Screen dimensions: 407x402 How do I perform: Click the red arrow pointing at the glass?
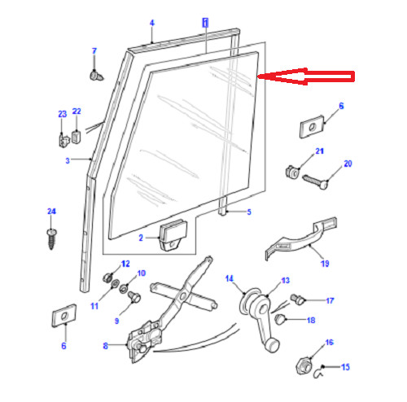coord(306,76)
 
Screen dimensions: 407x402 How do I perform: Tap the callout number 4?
coord(152,23)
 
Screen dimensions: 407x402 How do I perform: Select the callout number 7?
coord(94,51)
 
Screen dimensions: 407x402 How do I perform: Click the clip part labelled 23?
coord(63,140)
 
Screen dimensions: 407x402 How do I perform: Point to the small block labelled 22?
coord(77,137)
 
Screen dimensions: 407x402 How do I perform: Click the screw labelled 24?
coord(51,239)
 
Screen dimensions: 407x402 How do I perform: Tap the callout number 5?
coord(249,212)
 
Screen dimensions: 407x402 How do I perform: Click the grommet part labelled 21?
coord(292,172)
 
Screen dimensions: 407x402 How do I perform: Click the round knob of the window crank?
coord(272,346)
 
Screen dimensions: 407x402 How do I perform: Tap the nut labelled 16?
coord(304,366)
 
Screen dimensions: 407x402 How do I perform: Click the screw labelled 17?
coord(297,299)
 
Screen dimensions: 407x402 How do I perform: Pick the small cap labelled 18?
coord(279,319)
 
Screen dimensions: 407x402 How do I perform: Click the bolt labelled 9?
coord(133,297)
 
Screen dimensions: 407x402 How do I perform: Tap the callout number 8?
coord(105,346)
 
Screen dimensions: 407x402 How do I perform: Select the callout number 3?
coord(68,160)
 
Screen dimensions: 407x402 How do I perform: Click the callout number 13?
coord(286,280)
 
